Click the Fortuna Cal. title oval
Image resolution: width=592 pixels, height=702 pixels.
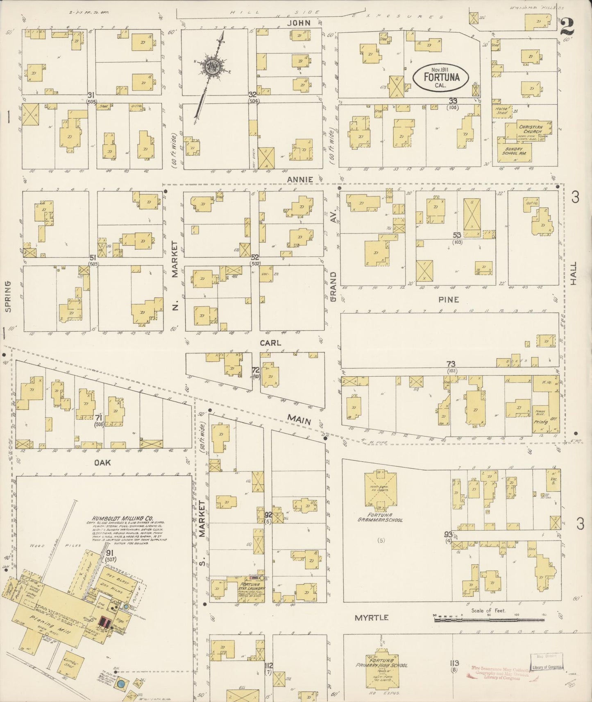[441, 78]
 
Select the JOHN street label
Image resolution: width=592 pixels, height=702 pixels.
[298, 23]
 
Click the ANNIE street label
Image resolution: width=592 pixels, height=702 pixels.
[300, 179]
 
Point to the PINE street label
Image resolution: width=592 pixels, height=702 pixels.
[449, 300]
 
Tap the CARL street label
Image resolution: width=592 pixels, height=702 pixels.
[270, 342]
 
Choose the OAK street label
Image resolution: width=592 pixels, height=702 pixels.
[102, 462]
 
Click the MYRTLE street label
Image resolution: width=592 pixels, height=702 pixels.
[372, 618]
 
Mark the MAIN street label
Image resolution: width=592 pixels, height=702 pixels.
[299, 419]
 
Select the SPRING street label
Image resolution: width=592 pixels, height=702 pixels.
[8, 296]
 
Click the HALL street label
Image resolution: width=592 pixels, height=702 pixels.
[574, 274]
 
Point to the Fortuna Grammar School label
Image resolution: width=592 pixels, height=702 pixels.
[381, 517]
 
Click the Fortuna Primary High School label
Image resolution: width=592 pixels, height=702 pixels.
[381, 663]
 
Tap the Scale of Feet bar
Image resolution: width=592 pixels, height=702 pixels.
[489, 619]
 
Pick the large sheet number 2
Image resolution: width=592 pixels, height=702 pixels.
[569, 27]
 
